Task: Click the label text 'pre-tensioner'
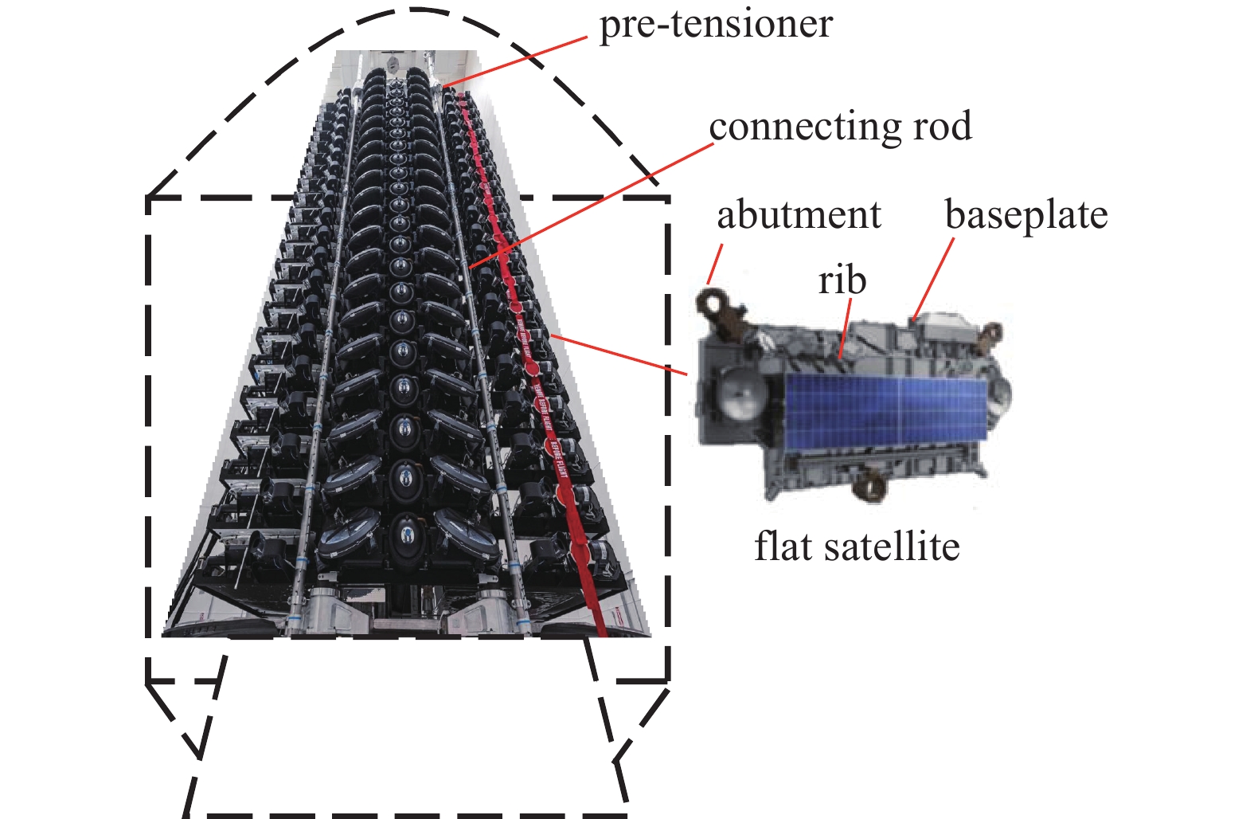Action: [715, 24]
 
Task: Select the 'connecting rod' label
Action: [840, 127]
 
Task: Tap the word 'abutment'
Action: [799, 215]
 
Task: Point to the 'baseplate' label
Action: [1025, 215]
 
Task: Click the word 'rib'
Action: [842, 280]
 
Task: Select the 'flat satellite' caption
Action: [857, 547]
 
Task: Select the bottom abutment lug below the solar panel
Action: [870, 485]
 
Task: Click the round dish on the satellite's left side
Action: [740, 394]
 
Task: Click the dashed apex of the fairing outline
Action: [415, 10]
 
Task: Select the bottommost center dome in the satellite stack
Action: [406, 530]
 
